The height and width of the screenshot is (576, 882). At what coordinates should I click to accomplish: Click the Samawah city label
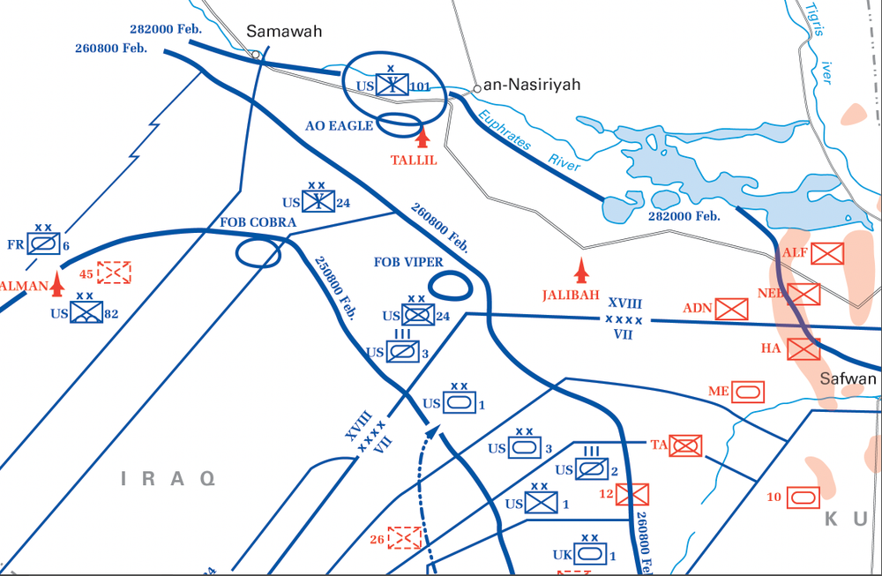(284, 32)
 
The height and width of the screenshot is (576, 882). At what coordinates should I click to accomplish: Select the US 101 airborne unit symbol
(390, 86)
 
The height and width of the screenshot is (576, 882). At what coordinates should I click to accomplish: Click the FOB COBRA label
(258, 222)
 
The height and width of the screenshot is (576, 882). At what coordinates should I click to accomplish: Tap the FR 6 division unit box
(43, 243)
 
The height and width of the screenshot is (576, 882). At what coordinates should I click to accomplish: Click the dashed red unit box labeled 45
(115, 273)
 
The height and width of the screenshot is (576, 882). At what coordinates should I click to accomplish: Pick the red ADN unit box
(732, 309)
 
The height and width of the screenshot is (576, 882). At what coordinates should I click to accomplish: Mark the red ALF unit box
(826, 255)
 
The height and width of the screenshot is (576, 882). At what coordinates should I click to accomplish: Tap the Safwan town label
(848, 379)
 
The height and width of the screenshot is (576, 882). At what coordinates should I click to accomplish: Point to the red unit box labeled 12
(632, 494)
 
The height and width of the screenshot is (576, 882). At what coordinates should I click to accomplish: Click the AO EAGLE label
(340, 126)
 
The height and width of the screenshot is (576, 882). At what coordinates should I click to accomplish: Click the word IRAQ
(168, 479)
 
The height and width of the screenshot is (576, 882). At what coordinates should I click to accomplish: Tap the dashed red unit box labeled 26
(405, 536)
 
